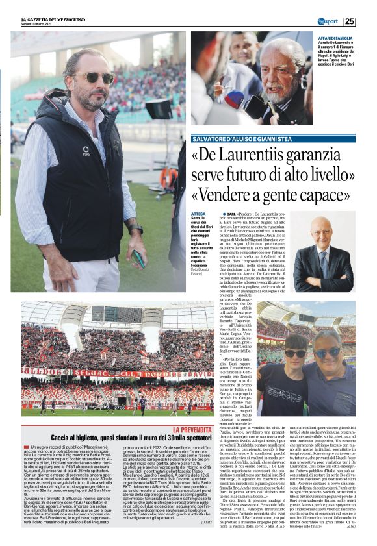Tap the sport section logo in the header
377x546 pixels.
tap(328, 21)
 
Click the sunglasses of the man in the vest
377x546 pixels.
tap(97, 77)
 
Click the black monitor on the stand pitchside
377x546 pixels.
tap(159, 108)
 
